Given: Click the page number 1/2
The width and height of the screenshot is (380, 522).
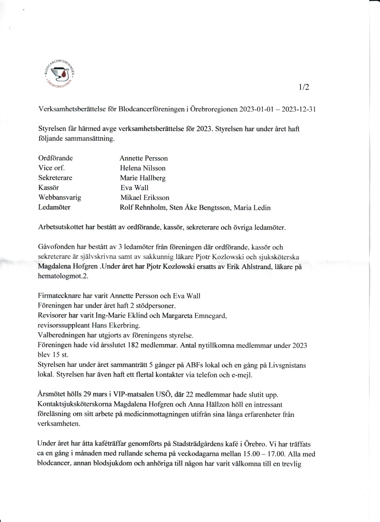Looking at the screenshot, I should coord(304,87).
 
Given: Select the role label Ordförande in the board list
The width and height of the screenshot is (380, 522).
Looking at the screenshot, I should coord(55,158).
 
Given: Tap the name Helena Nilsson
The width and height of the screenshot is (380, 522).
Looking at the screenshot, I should coord(142,168).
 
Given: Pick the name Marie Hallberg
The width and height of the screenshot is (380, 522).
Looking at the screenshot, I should coord(142,178).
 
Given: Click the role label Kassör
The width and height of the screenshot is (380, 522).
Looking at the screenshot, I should coord(49,188).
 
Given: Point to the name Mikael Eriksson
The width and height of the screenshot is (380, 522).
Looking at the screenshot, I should coord(145,198).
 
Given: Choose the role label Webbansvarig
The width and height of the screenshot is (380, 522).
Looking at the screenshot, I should coord(60,198).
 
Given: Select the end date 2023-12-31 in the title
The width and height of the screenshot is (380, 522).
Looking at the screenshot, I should coord(299,109).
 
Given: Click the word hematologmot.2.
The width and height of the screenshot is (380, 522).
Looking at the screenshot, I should coord(63,276).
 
